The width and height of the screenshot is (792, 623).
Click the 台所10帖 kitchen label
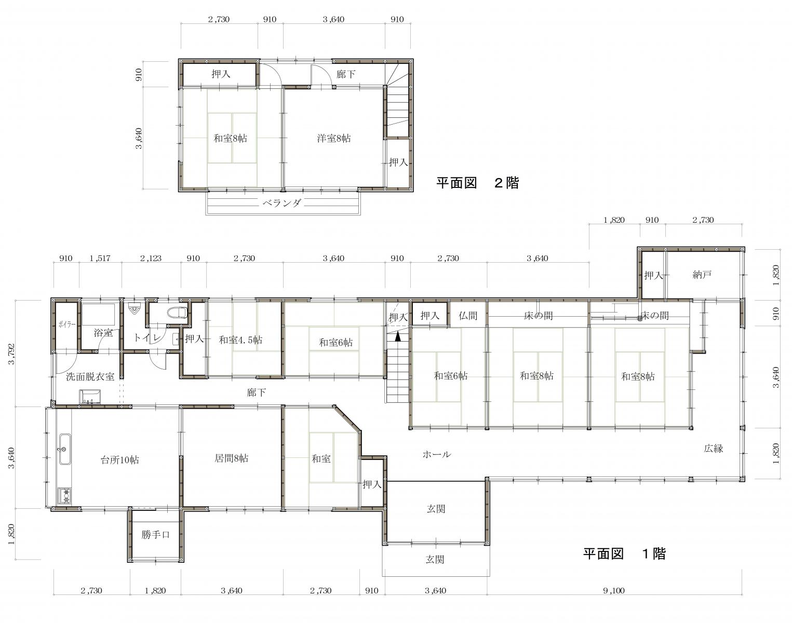coord(119,460)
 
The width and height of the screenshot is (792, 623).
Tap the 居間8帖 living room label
coord(232,458)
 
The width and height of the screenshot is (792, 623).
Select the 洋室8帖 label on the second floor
coord(334,139)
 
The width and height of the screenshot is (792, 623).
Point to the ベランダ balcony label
coord(282,203)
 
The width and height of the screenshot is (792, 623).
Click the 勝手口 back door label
coord(155,534)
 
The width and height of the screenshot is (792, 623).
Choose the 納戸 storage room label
coord(702,275)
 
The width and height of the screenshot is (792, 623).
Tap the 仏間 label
coord(468,315)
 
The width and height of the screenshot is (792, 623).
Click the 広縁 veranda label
coord(714,448)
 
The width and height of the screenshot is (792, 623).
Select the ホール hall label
coord(436,454)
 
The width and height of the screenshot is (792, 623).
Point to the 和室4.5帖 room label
coord(240,340)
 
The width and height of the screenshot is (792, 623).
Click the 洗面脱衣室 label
coord(90,376)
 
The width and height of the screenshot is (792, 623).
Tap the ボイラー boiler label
coord(67,324)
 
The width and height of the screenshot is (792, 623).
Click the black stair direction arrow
coord(397,336)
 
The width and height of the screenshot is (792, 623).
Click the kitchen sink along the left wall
coord(65,449)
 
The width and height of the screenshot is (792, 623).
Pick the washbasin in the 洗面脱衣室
coord(90,398)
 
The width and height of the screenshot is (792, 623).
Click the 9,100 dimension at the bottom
coord(613,591)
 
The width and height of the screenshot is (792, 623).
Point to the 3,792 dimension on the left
coord(12,354)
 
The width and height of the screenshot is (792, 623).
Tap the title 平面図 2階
coord(478,183)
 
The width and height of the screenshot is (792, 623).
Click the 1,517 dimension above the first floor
coord(100,259)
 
